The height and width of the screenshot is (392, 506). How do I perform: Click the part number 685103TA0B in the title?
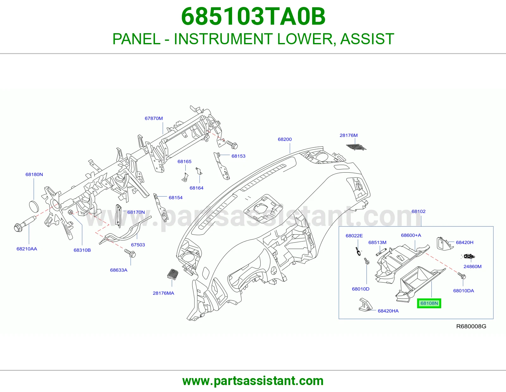(253, 17)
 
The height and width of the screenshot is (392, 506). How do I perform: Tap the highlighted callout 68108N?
(429, 303)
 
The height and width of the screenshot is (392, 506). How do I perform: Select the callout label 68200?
(285, 139)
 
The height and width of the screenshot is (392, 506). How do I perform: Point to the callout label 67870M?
(154, 118)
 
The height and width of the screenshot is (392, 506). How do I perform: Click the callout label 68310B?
(82, 250)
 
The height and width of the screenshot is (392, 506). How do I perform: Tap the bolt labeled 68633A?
(130, 253)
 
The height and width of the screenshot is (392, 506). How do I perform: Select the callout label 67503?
(138, 245)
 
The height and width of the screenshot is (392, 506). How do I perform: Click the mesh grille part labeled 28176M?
(356, 147)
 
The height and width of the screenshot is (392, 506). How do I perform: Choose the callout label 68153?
(238, 156)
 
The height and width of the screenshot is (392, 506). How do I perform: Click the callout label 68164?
(196, 188)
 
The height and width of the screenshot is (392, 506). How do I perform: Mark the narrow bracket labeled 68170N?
(118, 216)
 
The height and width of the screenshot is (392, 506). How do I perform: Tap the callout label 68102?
(418, 211)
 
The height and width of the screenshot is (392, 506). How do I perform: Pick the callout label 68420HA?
(388, 311)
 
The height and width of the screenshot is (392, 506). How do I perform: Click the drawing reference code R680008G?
(471, 326)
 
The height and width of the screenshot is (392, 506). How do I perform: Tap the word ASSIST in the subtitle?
(367, 39)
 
